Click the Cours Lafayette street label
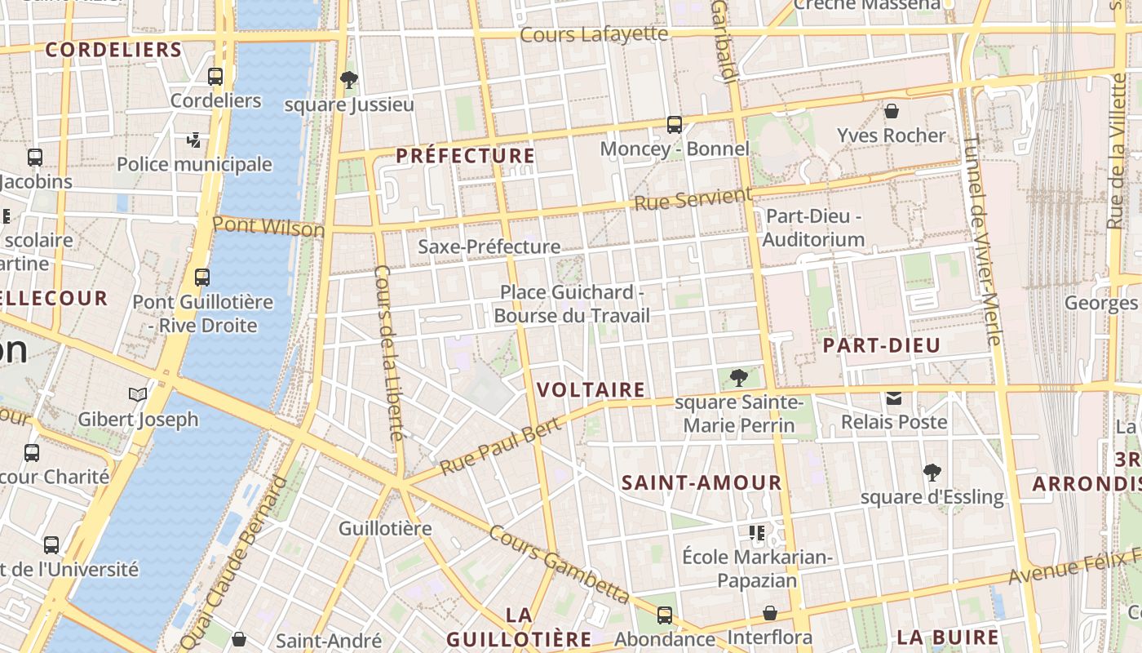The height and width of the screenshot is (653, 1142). pyautogui.click(x=594, y=34)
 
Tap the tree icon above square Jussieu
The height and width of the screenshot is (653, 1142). pyautogui.click(x=349, y=80)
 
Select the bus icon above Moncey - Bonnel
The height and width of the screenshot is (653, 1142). pyautogui.click(x=675, y=125)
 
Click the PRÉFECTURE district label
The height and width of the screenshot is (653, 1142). pyautogui.click(x=466, y=156)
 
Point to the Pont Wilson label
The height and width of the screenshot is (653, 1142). pyautogui.click(x=268, y=226)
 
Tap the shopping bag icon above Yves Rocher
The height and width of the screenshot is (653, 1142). pyautogui.click(x=892, y=111)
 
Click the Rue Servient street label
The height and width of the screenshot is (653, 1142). pyautogui.click(x=693, y=198)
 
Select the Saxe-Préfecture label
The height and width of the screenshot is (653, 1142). pyautogui.click(x=489, y=247)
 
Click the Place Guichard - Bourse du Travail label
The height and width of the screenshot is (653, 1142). pyautogui.click(x=572, y=304)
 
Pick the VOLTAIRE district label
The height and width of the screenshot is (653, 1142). pyautogui.click(x=591, y=390)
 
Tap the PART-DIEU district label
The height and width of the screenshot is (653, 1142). pyautogui.click(x=882, y=345)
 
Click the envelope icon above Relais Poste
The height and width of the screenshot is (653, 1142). pyautogui.click(x=894, y=398)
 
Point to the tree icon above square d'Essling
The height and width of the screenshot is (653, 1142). pyautogui.click(x=932, y=473)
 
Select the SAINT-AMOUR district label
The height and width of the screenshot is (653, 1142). pyautogui.click(x=702, y=482)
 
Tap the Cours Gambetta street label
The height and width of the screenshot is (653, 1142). pyautogui.click(x=559, y=564)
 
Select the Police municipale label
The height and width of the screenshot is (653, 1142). pyautogui.click(x=194, y=164)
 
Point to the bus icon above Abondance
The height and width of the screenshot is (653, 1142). pyautogui.click(x=665, y=615)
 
